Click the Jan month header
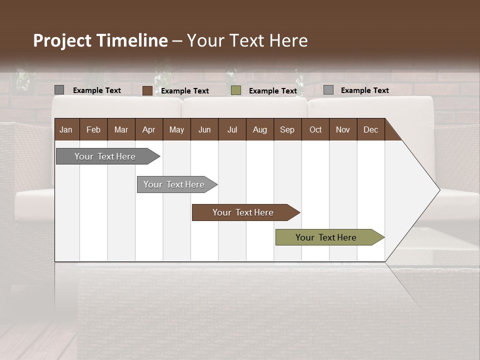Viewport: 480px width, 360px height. (66, 129)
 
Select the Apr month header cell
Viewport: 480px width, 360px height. (148, 129)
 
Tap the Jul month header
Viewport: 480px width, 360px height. (232, 129)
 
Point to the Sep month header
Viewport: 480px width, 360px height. (287, 129)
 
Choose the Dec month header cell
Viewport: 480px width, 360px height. (370, 129)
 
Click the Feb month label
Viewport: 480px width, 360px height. (93, 129)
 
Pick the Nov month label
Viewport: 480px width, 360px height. (342, 129)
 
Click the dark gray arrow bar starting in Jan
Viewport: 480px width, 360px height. (105, 156)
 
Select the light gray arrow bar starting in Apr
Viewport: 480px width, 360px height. (174, 184)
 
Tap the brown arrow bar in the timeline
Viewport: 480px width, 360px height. (243, 212)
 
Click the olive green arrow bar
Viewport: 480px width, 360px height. (326, 237)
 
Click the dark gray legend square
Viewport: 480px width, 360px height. (59, 90)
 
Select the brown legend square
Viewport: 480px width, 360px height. (147, 90)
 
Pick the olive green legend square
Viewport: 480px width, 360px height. (236, 90)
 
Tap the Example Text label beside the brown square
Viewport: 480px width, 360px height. (185, 91)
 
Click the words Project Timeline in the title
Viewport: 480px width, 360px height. (100, 40)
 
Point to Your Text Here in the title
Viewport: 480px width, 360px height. (247, 40)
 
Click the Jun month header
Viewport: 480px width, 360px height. (204, 129)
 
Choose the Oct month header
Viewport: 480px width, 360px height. (315, 129)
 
